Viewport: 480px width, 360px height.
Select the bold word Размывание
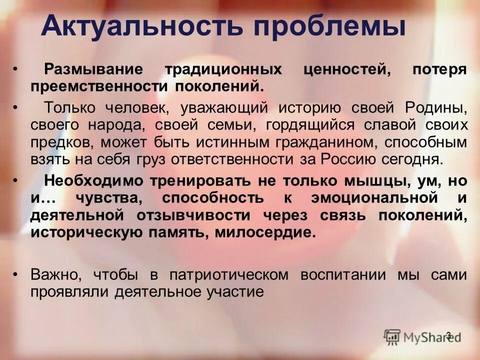click(x=93, y=69)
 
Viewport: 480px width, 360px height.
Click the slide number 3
click(x=448, y=335)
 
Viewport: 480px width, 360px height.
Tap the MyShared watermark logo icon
click(x=392, y=336)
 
